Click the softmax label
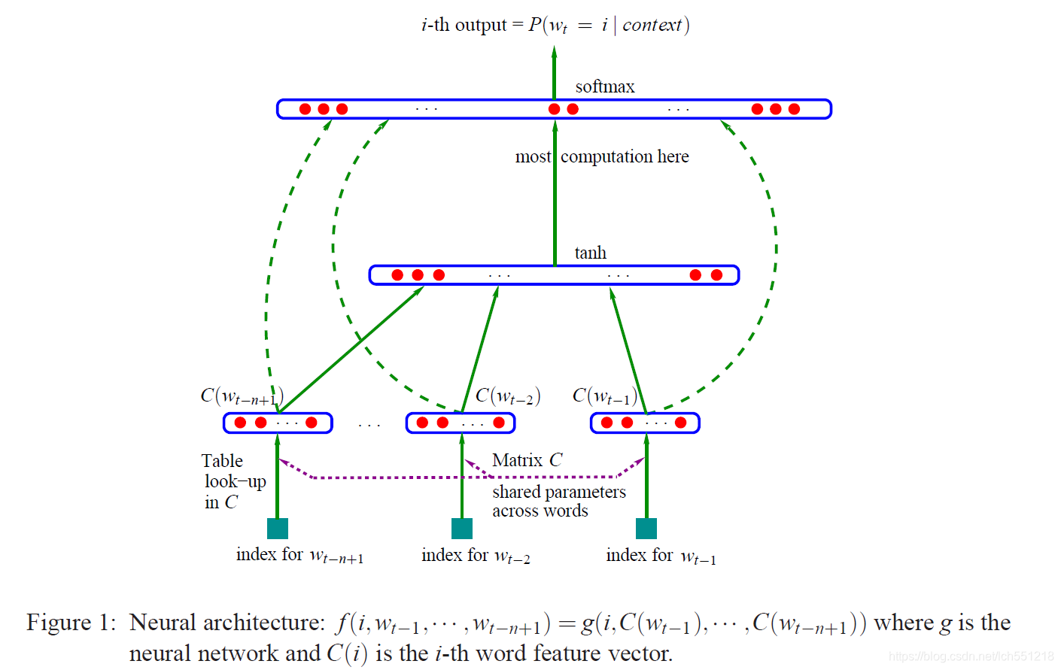click(x=604, y=87)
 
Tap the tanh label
click(x=590, y=253)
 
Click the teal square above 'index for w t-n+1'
click(x=278, y=529)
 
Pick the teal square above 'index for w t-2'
click(x=462, y=529)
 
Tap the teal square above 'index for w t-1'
click(x=646, y=529)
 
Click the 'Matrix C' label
click(x=527, y=460)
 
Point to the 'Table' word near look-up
click(x=222, y=461)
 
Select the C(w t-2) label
click(x=508, y=396)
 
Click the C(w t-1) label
click(x=604, y=396)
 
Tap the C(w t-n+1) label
click(x=242, y=396)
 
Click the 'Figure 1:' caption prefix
click(x=71, y=623)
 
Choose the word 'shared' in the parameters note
click(x=517, y=492)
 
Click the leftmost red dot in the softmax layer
click(x=305, y=109)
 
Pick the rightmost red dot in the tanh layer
click(x=716, y=275)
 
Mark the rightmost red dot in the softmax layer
click(x=794, y=109)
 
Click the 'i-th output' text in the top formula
click(x=464, y=25)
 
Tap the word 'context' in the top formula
click(x=652, y=25)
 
